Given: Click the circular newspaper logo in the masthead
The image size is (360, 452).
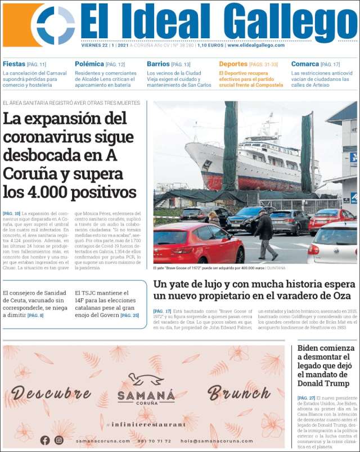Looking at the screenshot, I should click(56, 25).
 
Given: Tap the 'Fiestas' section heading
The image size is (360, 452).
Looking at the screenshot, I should click(14, 64).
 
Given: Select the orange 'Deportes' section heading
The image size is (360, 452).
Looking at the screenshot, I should click(233, 64).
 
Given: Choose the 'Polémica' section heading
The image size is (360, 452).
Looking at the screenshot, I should click(89, 64).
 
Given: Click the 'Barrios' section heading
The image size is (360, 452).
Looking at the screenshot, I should click(158, 64).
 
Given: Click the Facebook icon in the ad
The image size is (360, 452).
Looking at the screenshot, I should click(45, 440).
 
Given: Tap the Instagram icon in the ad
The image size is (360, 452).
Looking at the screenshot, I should click(58, 440).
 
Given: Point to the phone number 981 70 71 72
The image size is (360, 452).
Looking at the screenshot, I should click(155, 441).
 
